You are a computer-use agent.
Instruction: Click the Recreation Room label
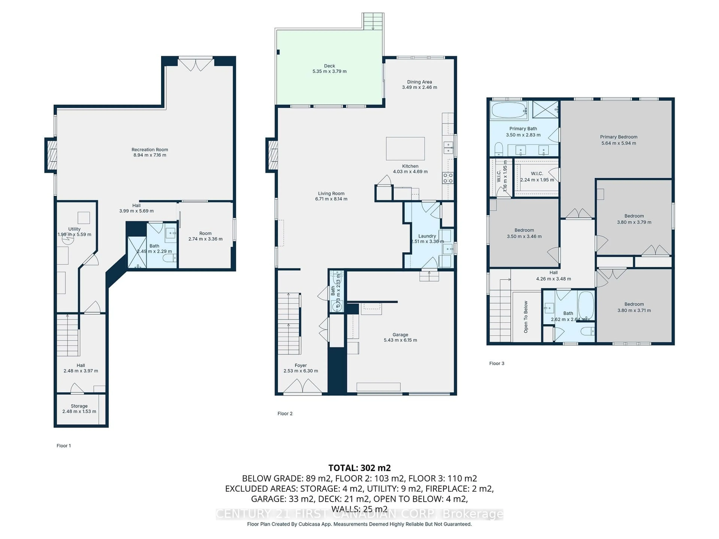click(x=150, y=150)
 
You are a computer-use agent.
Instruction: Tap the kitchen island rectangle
click(x=405, y=148)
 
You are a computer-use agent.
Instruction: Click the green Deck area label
click(x=329, y=66)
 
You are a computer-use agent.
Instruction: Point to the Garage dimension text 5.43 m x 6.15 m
click(x=400, y=340)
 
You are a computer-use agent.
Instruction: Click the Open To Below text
click(x=526, y=317)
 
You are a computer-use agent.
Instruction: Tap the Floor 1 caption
click(x=64, y=446)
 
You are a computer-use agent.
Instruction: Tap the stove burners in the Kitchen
click(x=448, y=178)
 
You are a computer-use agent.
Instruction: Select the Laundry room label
click(x=427, y=236)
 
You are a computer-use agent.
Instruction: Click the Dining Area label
click(x=419, y=82)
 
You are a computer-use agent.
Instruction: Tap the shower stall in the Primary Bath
click(x=545, y=109)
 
